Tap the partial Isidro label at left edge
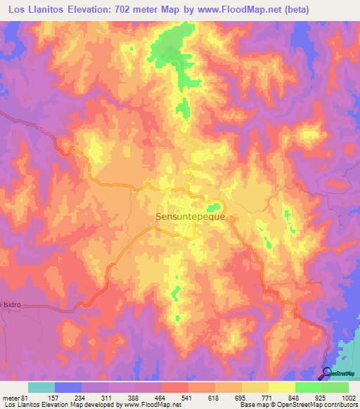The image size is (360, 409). [x=8, y=287]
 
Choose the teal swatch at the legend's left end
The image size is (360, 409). [x=41, y=387]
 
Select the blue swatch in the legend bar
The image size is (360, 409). [x=68, y=387]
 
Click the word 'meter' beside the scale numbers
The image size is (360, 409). [x=10, y=397]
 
